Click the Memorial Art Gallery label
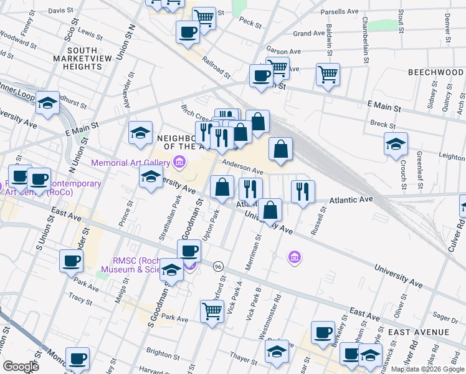tap(131, 163)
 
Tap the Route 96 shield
tap(217, 266)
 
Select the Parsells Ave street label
tap(340, 12)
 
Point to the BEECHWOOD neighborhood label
tap(435, 72)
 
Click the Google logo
tap(21, 366)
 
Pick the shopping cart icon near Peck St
tap(204, 18)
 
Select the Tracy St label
tap(80, 299)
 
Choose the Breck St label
tap(379, 123)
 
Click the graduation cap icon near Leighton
tap(396, 145)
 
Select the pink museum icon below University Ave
tap(295, 256)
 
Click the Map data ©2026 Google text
tap(427, 368)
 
